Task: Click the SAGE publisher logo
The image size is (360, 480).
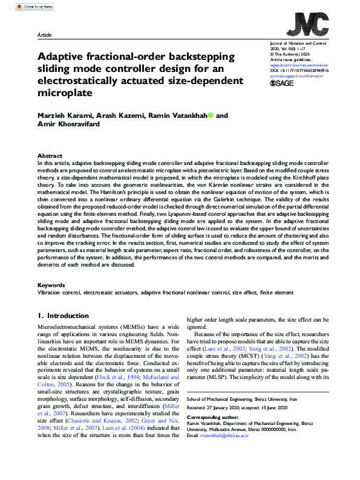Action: (x=281, y=83)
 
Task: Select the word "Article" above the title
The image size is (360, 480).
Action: (x=44, y=36)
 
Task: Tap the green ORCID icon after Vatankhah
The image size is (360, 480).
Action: (x=210, y=115)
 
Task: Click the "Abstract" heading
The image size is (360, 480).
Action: (x=50, y=155)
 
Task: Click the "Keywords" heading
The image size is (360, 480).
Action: (x=51, y=285)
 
